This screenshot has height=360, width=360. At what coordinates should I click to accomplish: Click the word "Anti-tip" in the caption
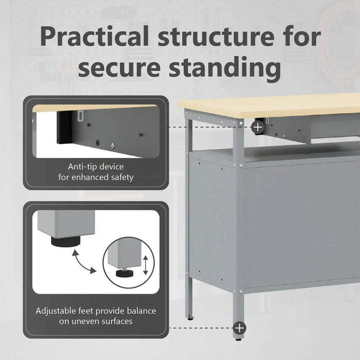coord(84,167)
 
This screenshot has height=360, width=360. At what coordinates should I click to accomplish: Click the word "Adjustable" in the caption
coord(57,311)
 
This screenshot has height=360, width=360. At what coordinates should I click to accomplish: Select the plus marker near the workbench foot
coord(240,328)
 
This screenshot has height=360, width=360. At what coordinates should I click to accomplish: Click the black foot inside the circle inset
coord(125,273)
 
